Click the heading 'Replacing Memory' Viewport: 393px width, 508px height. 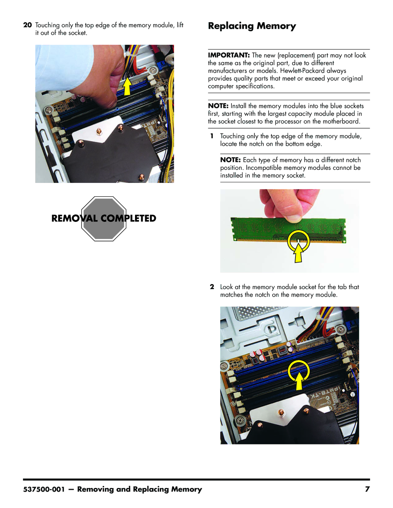point(252,26)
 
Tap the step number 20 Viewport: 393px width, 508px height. point(27,25)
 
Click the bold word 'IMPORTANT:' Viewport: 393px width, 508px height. point(229,55)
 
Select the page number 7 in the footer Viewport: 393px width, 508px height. point(367,489)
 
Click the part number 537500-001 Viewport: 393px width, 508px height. point(44,489)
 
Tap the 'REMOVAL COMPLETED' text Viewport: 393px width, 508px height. point(104,218)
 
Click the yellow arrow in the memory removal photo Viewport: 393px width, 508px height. point(127,87)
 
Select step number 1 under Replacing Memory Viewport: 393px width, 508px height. point(212,136)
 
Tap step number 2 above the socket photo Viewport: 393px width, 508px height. point(212,287)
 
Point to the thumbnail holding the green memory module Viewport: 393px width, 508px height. point(294,219)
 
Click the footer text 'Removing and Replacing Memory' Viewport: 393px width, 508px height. point(139,489)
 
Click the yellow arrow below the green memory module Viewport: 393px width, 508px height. point(298,253)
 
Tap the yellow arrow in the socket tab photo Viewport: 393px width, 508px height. point(299,381)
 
